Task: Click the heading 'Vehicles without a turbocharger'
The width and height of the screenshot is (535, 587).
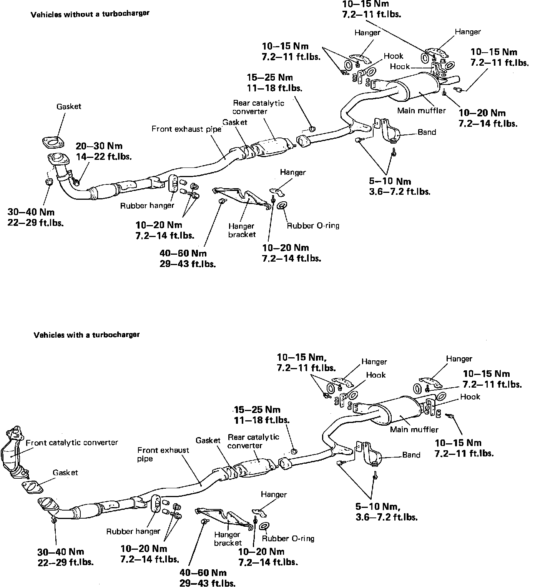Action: pos(90,14)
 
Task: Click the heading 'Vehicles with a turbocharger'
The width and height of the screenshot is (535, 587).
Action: pos(86,335)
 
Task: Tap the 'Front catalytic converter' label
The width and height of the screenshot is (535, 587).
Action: pos(72,443)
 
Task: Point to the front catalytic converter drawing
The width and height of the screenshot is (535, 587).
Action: pos(14,453)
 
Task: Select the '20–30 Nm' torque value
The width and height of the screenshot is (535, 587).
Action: pos(99,146)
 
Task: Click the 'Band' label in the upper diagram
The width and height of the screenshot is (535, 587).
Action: pos(427,132)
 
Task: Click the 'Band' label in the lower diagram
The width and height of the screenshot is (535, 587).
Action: pos(411,455)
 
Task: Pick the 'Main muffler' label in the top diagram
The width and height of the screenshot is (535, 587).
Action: pos(421,111)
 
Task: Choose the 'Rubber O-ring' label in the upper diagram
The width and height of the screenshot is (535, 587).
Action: pos(313,226)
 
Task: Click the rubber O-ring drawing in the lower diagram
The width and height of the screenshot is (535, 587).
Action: pos(264,526)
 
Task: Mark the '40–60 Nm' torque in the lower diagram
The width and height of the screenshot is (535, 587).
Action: pos(203,573)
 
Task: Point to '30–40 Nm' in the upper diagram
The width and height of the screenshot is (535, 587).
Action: pos(31,212)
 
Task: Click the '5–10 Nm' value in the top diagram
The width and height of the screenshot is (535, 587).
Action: pos(390,181)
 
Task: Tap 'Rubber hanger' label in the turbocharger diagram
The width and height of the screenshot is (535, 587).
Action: pos(133,531)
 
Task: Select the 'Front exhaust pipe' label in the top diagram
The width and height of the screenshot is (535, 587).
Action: pos(186,129)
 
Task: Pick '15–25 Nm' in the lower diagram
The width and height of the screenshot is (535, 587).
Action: pos(257,410)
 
